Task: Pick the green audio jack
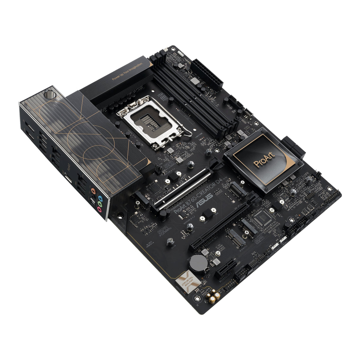[x=100, y=204]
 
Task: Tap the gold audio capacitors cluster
[x=214, y=297]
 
